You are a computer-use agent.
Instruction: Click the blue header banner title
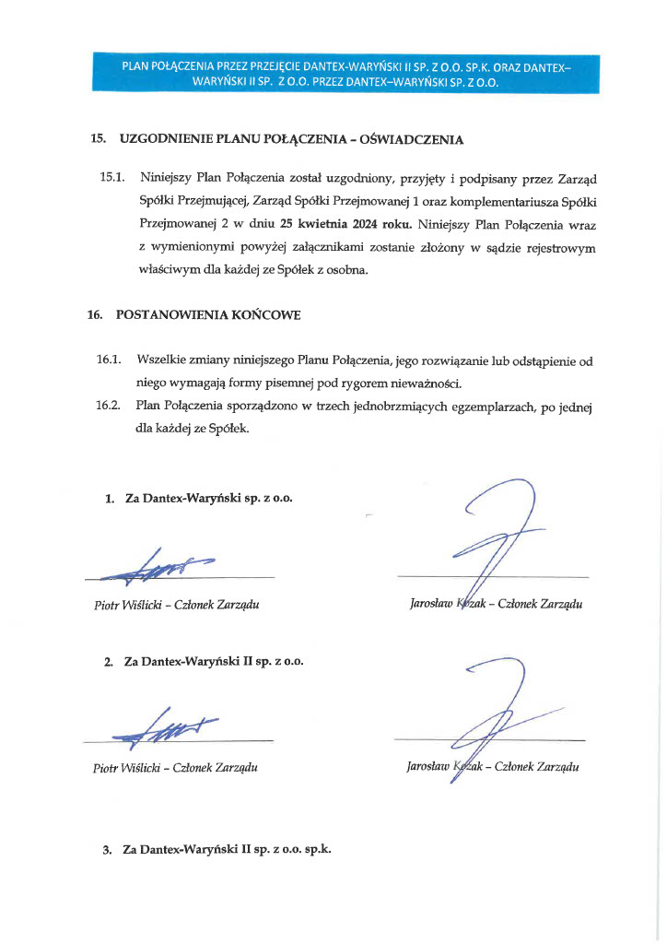pos(346,73)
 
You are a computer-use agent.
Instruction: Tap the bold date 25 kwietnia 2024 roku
pos(359,223)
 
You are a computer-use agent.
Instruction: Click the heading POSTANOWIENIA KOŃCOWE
pos(208,314)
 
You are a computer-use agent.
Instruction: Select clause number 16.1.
pos(110,359)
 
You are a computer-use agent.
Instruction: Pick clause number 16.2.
pos(110,406)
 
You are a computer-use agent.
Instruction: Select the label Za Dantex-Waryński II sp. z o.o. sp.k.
pos(227,849)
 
